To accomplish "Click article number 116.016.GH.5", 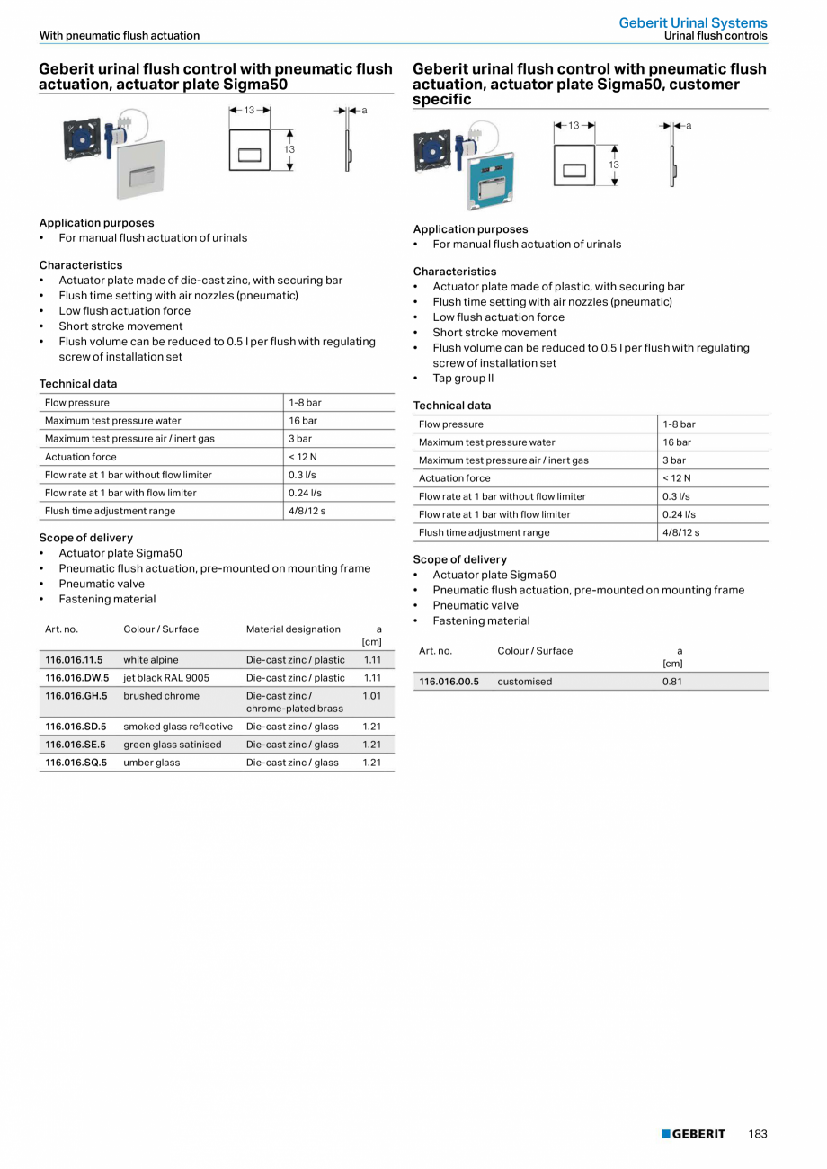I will coord(76,696).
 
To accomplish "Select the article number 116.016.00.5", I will coord(449,682).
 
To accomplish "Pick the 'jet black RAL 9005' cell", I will coord(166,678).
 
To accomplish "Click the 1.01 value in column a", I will coord(372,696).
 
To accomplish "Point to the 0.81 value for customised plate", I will coord(672,682).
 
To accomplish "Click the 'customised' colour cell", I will coord(525,682).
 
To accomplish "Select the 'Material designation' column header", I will coord(293,629).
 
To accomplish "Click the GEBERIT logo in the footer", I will coord(693,1134).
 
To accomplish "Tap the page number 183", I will coord(758,1134).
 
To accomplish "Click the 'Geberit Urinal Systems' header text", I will coord(693,22).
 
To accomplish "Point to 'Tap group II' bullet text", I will coord(463,379).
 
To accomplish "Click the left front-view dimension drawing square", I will coord(250,150).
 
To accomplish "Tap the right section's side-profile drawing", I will coord(672,165).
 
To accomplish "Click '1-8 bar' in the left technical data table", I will coord(305,403).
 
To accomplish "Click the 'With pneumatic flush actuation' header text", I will coord(120,36).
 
